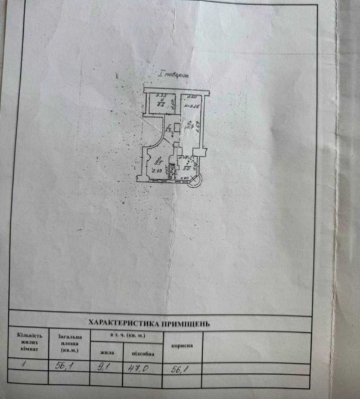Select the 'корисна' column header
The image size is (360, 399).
click(x=181, y=345)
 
